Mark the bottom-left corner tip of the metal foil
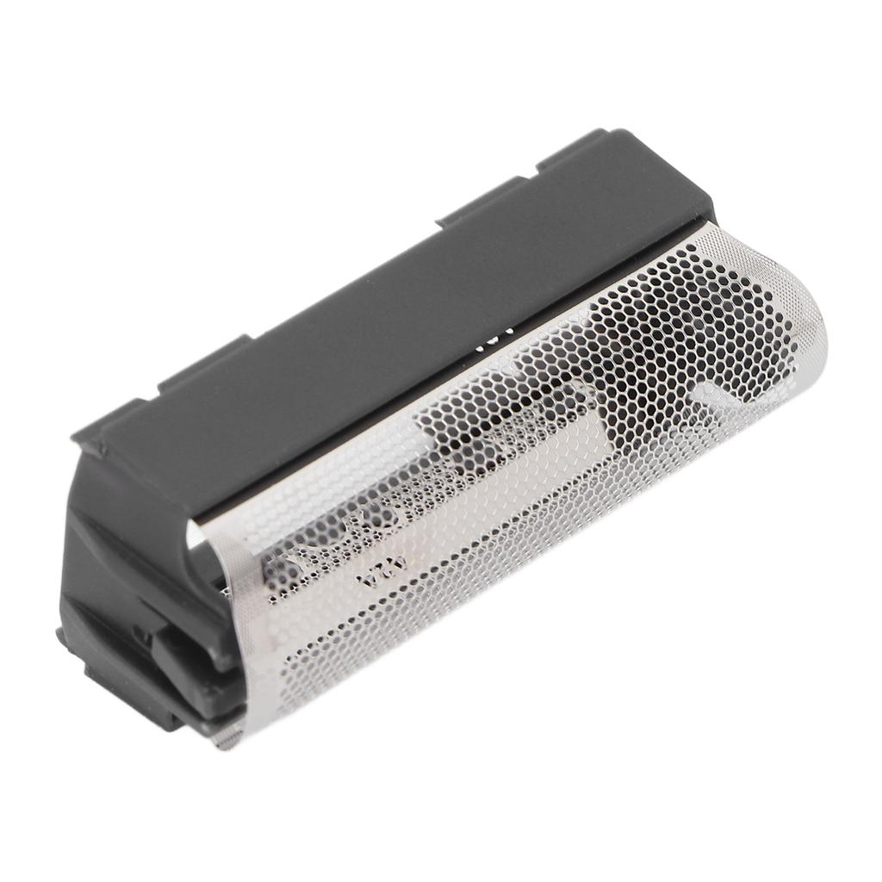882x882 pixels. click(x=226, y=739)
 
